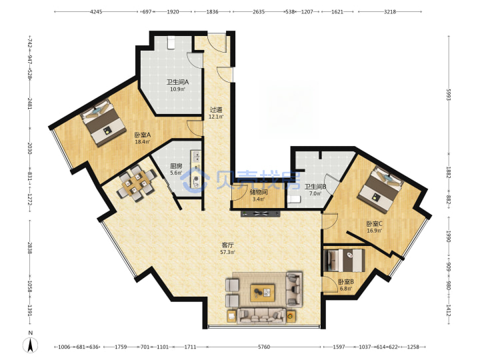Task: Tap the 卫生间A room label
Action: coord(177,82)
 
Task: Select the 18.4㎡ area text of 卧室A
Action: coord(143,142)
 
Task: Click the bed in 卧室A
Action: coord(103,123)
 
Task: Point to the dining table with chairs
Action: coord(136,184)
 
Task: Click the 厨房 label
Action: coord(176,166)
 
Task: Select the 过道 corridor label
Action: coord(216,109)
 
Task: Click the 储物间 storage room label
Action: coord(259,192)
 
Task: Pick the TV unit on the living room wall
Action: coord(261,213)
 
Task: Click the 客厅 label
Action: coord(227,245)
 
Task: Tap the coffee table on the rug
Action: coord(263,293)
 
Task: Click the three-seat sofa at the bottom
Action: coord(261,316)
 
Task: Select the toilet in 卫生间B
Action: coord(294,199)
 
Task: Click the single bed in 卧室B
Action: coord(345,260)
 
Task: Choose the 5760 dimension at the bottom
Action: coord(264,347)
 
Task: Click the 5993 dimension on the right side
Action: coord(449,95)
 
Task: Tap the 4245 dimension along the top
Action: coord(96,11)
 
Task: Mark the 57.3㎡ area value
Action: coord(227,252)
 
